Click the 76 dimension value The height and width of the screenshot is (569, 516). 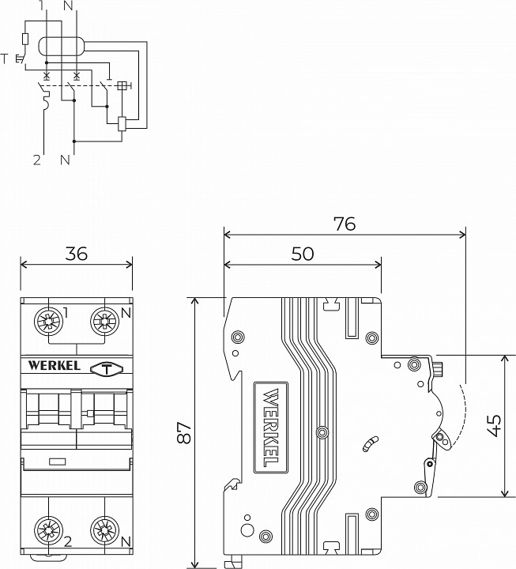click(344, 224)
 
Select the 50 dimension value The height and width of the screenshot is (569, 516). click(303, 254)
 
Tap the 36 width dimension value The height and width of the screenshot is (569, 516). click(77, 254)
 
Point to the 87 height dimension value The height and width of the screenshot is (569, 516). click(185, 432)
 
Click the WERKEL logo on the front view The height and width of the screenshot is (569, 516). click(54, 367)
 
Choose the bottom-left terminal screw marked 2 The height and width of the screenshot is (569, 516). click(49, 530)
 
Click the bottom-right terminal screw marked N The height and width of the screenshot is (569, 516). click(104, 530)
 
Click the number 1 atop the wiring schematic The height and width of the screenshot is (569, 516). click(41, 6)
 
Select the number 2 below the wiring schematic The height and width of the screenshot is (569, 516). click(36, 160)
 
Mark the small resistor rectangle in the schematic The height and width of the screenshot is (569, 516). click(27, 40)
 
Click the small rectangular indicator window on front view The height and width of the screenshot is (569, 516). click(56, 461)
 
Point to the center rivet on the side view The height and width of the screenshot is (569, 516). click(321, 431)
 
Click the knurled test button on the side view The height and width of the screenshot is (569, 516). click(438, 368)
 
